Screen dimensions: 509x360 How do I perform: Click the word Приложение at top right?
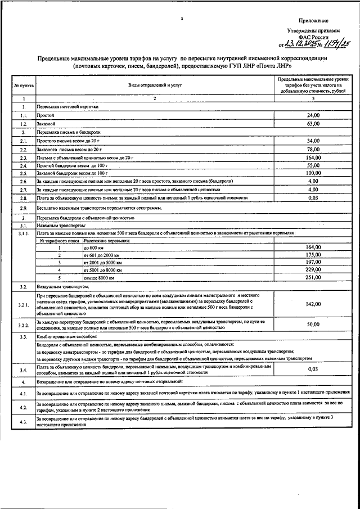pyautogui.click(x=330, y=20)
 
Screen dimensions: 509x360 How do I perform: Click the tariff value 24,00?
pyautogui.click(x=313, y=115)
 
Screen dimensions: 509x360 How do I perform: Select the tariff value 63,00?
pyautogui.click(x=313, y=123)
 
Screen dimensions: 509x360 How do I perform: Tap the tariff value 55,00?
pyautogui.click(x=313, y=166)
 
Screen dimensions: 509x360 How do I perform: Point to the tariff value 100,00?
pyautogui.click(x=312, y=174)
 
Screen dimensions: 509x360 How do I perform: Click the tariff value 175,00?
pyautogui.click(x=313, y=255)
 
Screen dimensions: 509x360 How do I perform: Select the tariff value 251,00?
pyautogui.click(x=313, y=278)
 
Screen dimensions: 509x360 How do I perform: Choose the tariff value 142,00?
pyautogui.click(x=313, y=304)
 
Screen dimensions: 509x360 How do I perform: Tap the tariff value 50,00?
pyautogui.click(x=313, y=325)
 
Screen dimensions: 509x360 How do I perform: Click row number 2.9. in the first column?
pyautogui.click(x=23, y=208)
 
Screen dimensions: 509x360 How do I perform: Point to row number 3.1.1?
pyautogui.click(x=23, y=232)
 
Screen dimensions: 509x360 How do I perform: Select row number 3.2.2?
pyautogui.click(x=23, y=325)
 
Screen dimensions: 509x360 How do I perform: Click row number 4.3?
pyautogui.click(x=23, y=421)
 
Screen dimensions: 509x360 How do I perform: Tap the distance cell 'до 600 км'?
pyautogui.click(x=93, y=247)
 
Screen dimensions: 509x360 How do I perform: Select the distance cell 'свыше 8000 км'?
pyautogui.click(x=98, y=278)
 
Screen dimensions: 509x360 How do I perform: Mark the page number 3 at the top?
pyautogui.click(x=182, y=19)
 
